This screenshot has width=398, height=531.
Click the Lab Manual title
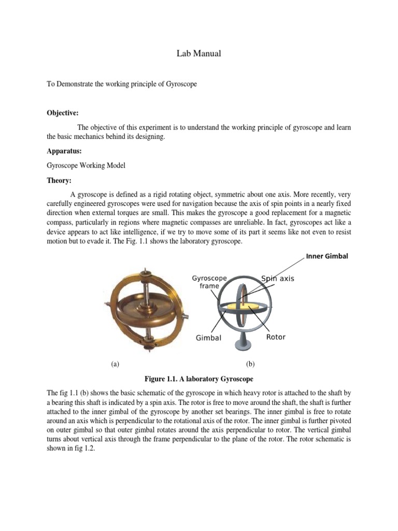[x=195, y=53]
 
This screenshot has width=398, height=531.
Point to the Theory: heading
[x=59, y=180]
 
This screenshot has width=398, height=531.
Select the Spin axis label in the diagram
[x=277, y=278]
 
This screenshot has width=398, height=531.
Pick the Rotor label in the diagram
[x=276, y=337]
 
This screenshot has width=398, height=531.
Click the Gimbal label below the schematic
[x=208, y=338]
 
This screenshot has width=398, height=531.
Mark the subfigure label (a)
[x=115, y=365]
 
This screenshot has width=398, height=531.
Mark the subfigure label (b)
[x=251, y=365]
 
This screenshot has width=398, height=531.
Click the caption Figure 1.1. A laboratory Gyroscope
[x=199, y=379]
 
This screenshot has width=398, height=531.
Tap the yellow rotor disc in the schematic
[x=252, y=310]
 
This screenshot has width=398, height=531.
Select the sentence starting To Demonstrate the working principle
[x=122, y=83]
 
